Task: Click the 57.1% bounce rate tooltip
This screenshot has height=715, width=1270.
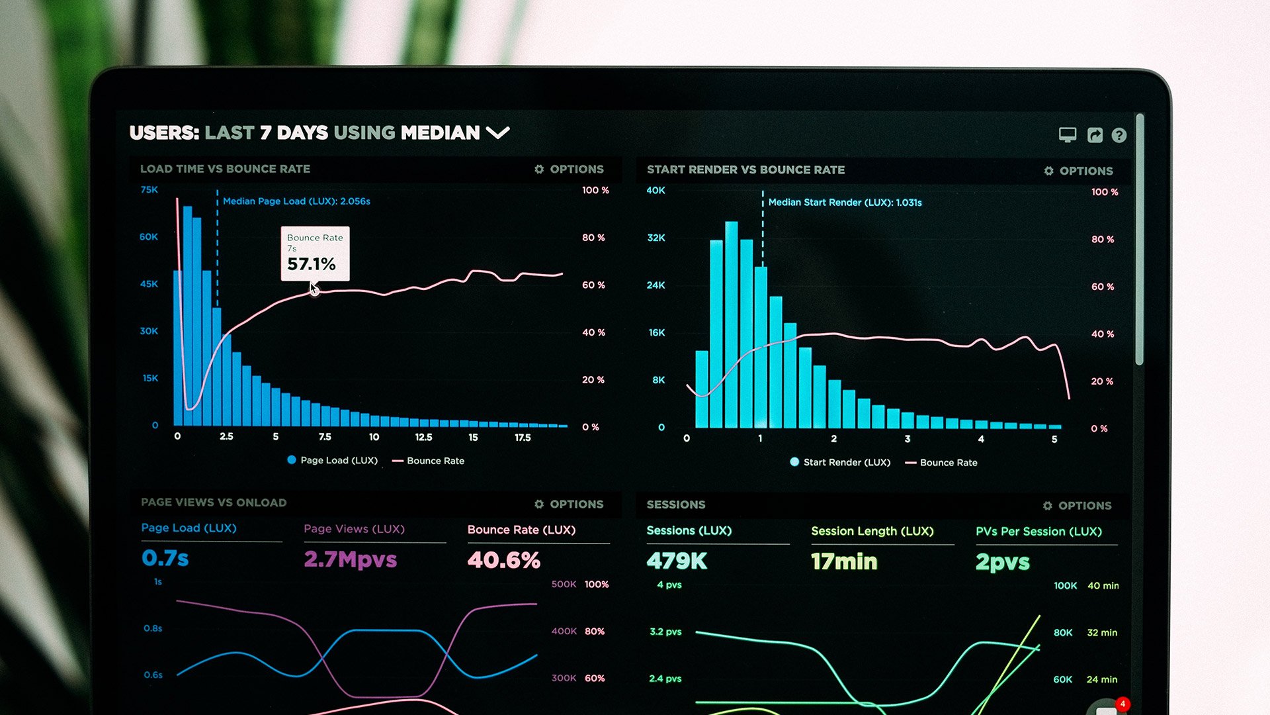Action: click(315, 254)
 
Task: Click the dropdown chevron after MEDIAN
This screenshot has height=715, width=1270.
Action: click(497, 133)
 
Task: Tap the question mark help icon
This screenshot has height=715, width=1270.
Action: click(1119, 136)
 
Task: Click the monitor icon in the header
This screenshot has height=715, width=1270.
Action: click(1067, 135)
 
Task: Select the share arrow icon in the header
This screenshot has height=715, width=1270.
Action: click(1095, 136)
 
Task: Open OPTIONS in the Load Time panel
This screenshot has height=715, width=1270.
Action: click(570, 169)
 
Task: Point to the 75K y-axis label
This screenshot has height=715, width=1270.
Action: click(149, 190)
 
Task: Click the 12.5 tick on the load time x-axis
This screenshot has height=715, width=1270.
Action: click(423, 438)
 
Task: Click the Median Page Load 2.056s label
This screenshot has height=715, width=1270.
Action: click(296, 201)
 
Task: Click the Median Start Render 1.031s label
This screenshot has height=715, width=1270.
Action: click(845, 203)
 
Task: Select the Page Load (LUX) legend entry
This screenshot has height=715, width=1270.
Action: click(332, 460)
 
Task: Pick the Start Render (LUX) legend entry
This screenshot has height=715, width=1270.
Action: click(840, 462)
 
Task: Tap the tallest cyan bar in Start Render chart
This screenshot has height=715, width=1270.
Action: click(731, 324)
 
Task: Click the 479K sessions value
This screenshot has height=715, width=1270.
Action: click(677, 561)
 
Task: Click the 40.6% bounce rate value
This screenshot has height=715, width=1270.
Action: click(503, 560)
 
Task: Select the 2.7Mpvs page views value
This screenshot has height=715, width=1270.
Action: click(350, 559)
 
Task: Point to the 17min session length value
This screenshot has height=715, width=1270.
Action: click(844, 561)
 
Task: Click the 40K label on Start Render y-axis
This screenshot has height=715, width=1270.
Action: click(656, 191)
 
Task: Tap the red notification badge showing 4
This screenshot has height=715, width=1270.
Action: click(1122, 704)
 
